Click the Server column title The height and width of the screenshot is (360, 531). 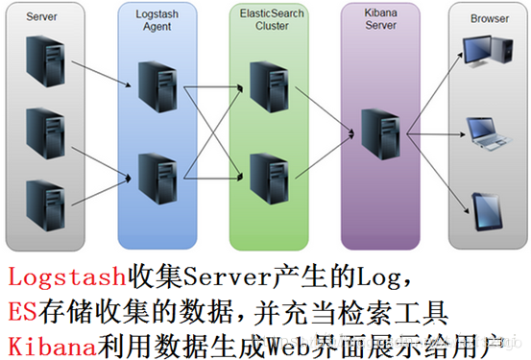tap(40, 18)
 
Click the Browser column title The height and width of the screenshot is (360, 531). tap(489, 18)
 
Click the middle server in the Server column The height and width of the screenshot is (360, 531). tap(44, 132)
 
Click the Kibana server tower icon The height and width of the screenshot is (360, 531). tap(378, 135)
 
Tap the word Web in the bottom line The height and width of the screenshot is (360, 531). tap(274, 340)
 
